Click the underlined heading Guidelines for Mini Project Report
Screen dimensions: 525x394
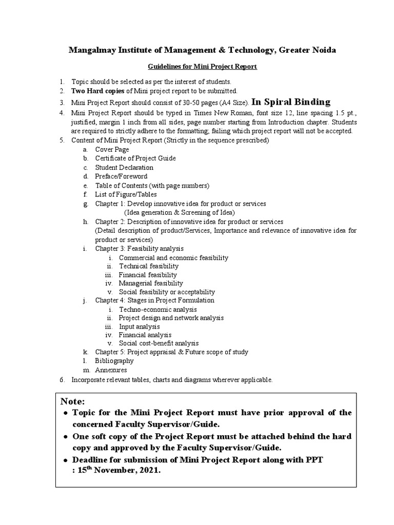(x=202, y=67)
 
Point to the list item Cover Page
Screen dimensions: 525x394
(x=112, y=149)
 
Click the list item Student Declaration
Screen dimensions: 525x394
(x=124, y=167)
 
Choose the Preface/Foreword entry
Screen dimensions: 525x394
(x=121, y=176)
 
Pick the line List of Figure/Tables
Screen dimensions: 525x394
(x=126, y=194)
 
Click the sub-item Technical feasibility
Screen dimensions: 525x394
(x=149, y=266)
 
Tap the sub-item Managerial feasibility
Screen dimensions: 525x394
(x=151, y=283)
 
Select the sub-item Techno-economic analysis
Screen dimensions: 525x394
(x=157, y=309)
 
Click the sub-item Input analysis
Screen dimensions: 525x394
(x=139, y=326)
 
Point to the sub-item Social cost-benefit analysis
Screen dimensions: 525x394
(x=159, y=343)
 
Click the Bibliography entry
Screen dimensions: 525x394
(x=114, y=361)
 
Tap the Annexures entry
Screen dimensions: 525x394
(x=111, y=370)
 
